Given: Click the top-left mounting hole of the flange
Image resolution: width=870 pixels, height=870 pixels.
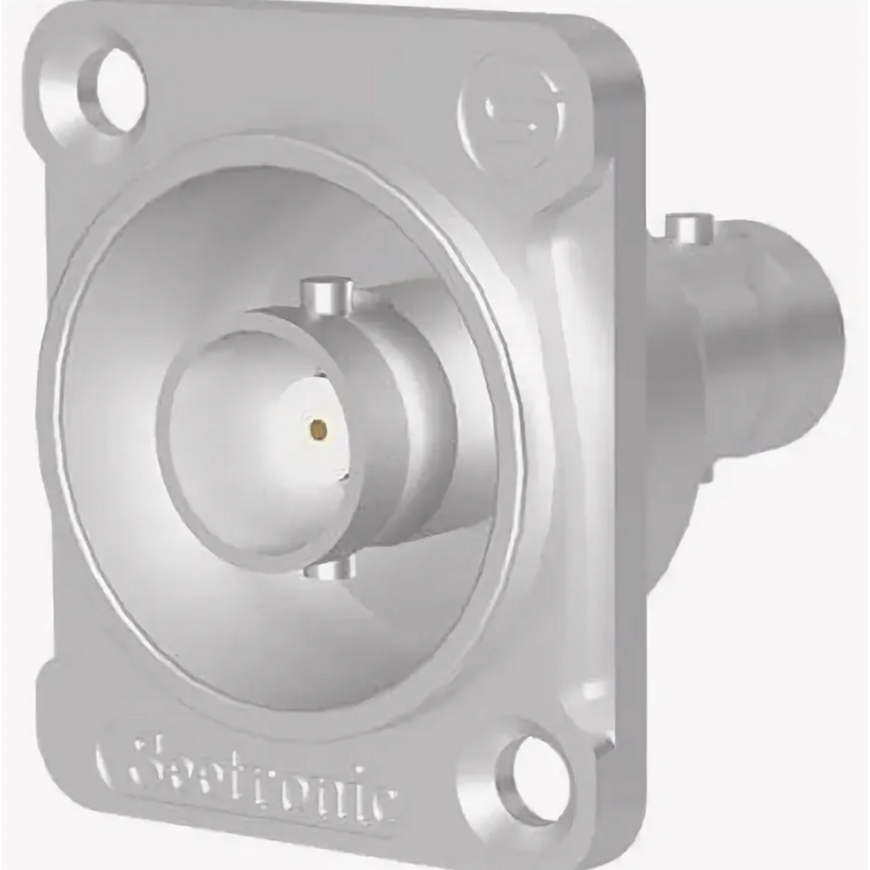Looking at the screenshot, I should click(x=112, y=90).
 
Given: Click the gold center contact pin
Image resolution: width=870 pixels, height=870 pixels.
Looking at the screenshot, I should click(x=319, y=428).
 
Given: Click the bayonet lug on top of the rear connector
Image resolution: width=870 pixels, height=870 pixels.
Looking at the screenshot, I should click(x=689, y=228).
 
